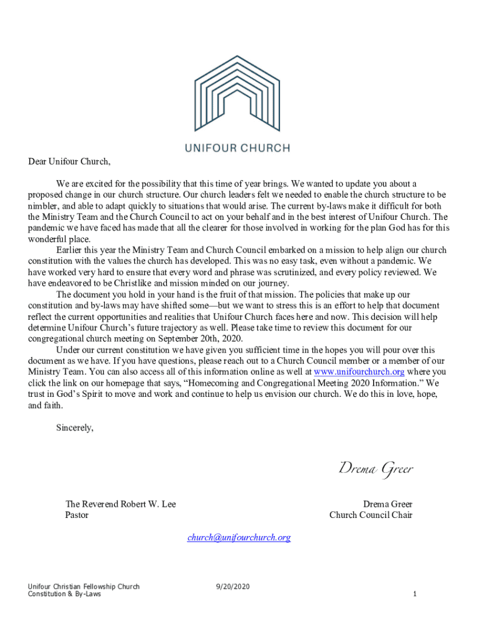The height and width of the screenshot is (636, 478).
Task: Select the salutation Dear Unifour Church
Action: pyautogui.click(x=69, y=162)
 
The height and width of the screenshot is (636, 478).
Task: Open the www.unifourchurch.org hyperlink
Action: pyautogui.click(x=359, y=372)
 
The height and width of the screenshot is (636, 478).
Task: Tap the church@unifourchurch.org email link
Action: pyautogui.click(x=239, y=537)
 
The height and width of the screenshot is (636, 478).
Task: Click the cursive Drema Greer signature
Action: pyautogui.click(x=376, y=468)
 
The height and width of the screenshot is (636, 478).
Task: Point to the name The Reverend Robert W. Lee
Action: pyautogui.click(x=120, y=504)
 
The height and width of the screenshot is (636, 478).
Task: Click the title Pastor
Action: pyautogui.click(x=77, y=515)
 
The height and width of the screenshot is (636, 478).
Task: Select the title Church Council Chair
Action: pyautogui.click(x=371, y=515)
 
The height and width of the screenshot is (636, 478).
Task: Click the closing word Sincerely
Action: pyautogui.click(x=74, y=427)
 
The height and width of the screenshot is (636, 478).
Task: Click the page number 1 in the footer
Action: pyautogui.click(x=415, y=594)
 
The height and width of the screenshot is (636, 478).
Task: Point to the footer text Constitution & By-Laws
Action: pyautogui.click(x=65, y=594)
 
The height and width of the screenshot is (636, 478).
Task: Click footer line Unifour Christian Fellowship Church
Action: pyautogui.click(x=84, y=586)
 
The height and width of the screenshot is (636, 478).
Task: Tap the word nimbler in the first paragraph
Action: pyautogui.click(x=43, y=206)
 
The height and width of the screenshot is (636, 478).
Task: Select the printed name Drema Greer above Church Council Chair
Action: pyautogui.click(x=387, y=504)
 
